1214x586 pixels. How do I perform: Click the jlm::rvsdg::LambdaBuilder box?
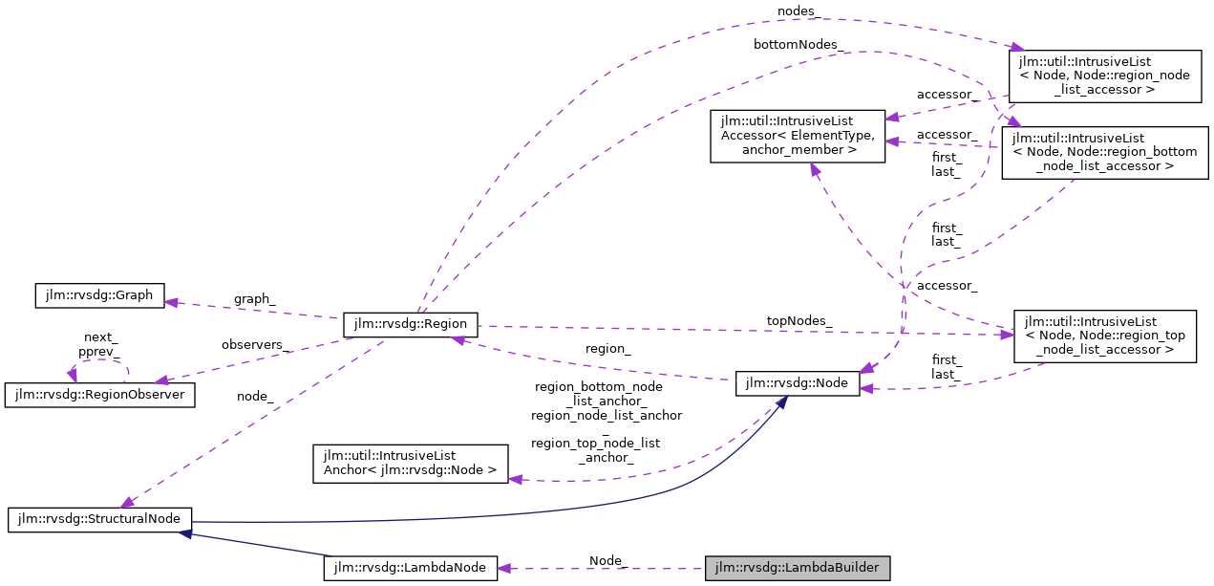point(798,568)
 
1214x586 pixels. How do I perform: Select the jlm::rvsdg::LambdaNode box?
point(411,568)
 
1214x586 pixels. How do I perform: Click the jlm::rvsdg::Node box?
point(798,383)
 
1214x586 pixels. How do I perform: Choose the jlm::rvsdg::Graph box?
point(99,295)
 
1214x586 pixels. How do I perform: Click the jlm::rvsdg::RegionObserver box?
point(100,395)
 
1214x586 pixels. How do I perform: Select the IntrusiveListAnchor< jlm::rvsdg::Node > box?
point(411,462)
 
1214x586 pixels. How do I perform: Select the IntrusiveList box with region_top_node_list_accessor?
point(1105,336)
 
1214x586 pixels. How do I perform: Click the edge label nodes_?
point(798,11)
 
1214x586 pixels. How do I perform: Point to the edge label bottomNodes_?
point(798,44)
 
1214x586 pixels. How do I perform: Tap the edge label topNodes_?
point(799,321)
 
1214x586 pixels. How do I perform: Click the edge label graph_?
point(254,299)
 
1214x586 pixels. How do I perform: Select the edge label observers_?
point(256,344)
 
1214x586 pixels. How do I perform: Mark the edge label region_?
point(607,349)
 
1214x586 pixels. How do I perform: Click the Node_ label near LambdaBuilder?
point(607,560)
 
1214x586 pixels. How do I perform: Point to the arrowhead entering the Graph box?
point(171,301)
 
